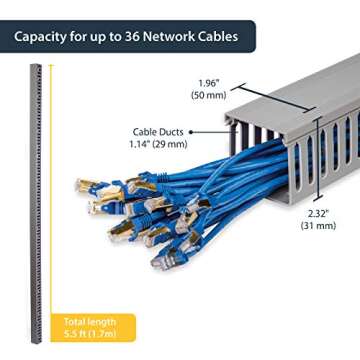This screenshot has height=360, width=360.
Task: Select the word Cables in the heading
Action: coord(215,38)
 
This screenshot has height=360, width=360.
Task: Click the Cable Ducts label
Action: coord(158,131)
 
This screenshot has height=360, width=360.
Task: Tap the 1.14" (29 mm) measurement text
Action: coord(158,143)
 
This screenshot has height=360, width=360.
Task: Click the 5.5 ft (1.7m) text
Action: coord(88,333)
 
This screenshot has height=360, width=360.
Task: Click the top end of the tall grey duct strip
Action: coord(37,68)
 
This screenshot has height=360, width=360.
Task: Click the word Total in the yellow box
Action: coord(72,321)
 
